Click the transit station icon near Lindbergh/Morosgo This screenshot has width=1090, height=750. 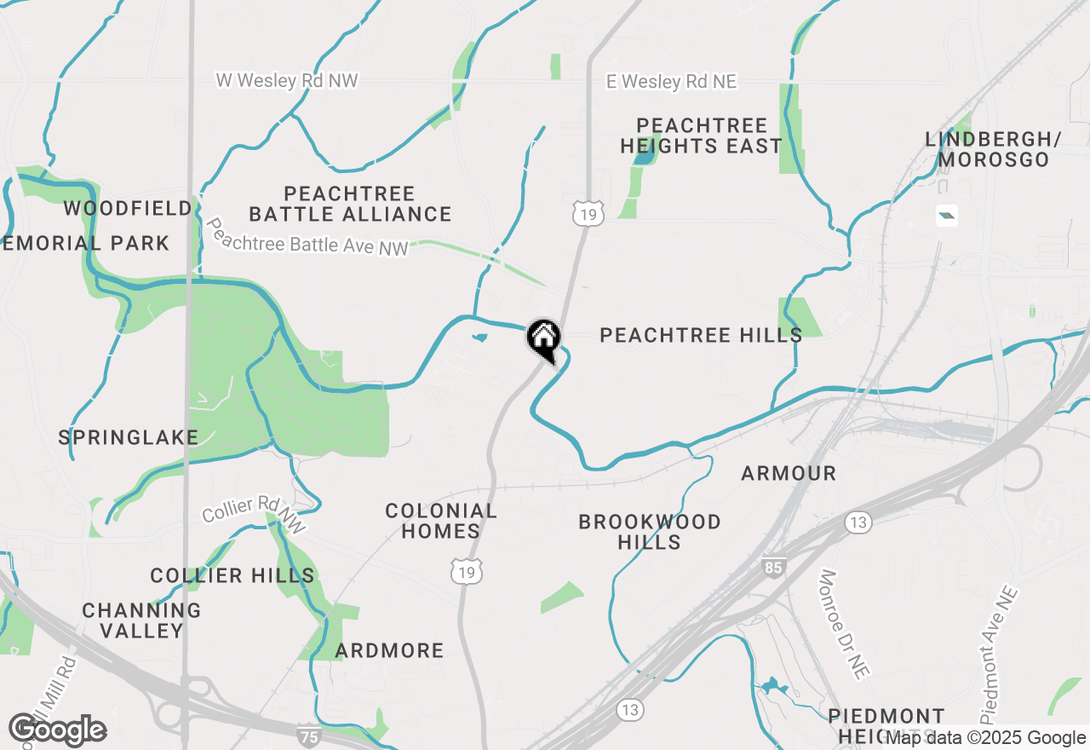(x=946, y=216)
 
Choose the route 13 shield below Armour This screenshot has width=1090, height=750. (x=858, y=522)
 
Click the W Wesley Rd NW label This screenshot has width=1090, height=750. (x=287, y=81)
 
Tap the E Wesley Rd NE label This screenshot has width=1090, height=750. (x=671, y=82)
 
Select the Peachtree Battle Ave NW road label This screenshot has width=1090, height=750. (x=307, y=238)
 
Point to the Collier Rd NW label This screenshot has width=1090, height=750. (x=253, y=515)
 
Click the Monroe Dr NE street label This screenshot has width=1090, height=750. (x=844, y=625)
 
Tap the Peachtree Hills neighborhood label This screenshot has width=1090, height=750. (x=701, y=335)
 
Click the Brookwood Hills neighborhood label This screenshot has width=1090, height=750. (x=650, y=532)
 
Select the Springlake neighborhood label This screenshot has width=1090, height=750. (x=129, y=438)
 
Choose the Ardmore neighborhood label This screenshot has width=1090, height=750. (x=389, y=651)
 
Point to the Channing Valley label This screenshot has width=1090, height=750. (x=142, y=620)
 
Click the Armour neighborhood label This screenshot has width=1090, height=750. (x=789, y=473)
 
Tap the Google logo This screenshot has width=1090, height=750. (x=57, y=730)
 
